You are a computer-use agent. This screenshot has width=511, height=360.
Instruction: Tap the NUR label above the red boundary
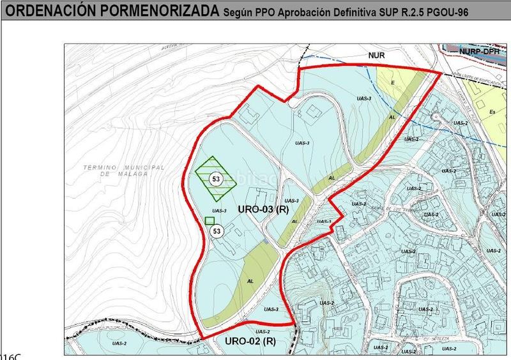point(376,56)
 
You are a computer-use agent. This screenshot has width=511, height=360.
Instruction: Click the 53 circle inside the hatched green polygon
point(216,180)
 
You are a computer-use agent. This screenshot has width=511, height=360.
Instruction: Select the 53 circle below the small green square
point(217,231)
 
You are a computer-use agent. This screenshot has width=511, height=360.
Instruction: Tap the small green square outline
point(210,221)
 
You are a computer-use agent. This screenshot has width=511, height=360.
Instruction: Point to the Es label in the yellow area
point(492,112)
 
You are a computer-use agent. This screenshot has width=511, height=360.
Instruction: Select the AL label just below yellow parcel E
point(392,118)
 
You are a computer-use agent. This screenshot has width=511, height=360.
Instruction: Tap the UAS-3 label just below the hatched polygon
point(219,211)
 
